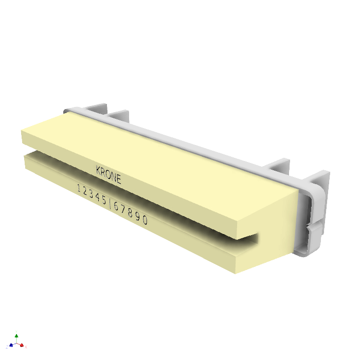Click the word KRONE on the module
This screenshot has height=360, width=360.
click(109, 174)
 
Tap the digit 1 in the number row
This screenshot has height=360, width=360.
click(79, 189)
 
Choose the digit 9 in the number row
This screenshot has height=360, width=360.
click(138, 216)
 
